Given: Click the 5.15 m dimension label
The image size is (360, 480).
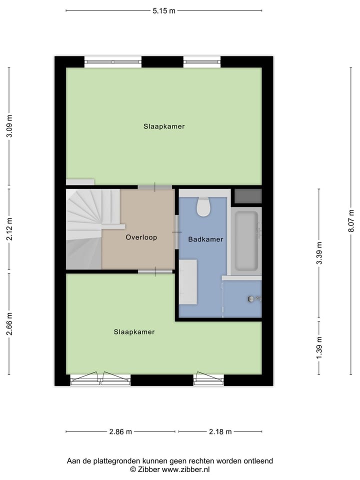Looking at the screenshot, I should click(163, 11).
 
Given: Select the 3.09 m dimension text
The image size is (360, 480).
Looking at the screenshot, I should click(9, 126).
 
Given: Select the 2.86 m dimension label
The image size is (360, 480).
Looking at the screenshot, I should click(120, 432).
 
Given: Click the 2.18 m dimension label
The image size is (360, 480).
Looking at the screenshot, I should click(220, 432).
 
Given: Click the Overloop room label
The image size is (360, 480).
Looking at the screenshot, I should click(141, 237).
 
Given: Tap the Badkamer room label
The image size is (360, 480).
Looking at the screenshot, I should click(205, 239).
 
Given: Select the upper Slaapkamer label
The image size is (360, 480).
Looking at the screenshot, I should click(164, 126).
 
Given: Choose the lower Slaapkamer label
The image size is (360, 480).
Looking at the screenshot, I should click(134, 331).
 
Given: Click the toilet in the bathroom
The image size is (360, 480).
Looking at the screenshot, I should click(203, 207).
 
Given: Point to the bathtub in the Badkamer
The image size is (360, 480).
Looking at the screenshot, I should click(246, 241).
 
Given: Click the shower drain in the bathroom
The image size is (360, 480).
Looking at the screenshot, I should click(251, 299).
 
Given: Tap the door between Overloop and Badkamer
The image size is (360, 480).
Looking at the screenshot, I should click(176, 231).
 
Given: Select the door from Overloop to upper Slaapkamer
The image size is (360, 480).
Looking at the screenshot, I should click(154, 187).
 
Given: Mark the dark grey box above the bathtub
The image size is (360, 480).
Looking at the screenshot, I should click(248, 196).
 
